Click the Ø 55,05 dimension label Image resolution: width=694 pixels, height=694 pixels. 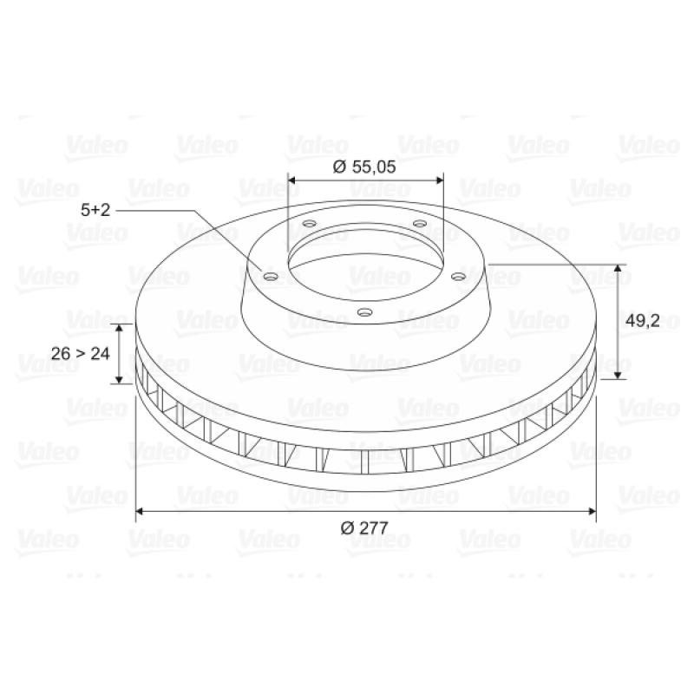[x=363, y=167]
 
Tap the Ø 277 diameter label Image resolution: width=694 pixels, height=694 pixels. [x=363, y=527]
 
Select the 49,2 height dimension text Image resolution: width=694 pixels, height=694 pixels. [x=642, y=320]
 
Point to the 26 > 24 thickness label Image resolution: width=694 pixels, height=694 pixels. [x=80, y=353]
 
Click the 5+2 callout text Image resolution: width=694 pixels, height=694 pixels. [x=95, y=209]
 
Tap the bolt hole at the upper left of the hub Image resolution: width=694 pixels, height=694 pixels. [x=310, y=223]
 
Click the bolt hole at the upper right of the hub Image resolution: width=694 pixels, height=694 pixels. [x=420, y=223]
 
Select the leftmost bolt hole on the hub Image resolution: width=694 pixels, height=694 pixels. [x=271, y=277]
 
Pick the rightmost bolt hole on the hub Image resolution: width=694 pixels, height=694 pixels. [x=459, y=277]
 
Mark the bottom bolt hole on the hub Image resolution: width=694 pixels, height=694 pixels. [x=364, y=312]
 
